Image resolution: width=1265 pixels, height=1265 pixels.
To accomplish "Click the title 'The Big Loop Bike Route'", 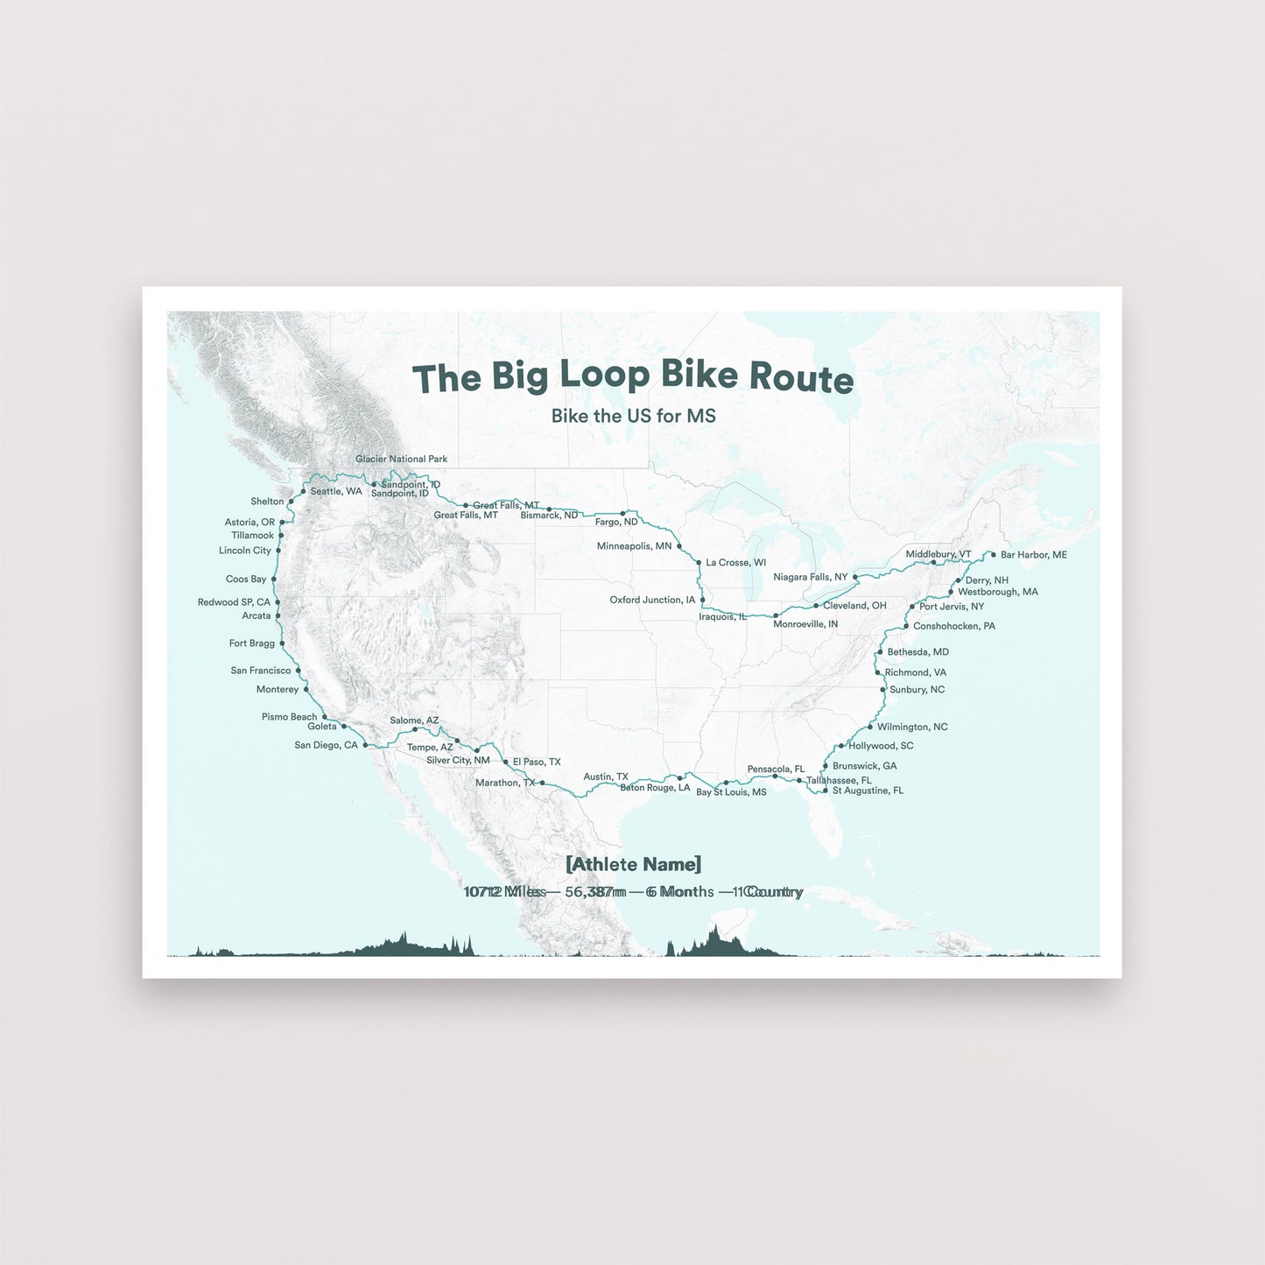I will (632, 376).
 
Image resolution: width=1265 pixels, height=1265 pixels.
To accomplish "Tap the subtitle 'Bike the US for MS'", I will (633, 416).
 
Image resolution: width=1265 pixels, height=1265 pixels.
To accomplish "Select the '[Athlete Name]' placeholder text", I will (633, 864).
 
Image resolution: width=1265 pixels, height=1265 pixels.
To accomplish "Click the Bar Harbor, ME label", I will (1033, 555).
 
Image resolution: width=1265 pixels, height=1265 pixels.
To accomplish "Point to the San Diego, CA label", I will (326, 746).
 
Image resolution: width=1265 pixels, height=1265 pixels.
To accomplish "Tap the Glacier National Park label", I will (401, 459).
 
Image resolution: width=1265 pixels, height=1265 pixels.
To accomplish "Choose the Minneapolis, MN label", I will (634, 546).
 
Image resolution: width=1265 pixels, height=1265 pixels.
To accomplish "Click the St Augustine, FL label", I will (867, 791).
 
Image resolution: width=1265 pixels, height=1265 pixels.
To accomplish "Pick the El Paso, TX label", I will (537, 763).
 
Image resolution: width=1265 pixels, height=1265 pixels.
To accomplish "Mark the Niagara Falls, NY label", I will (810, 577).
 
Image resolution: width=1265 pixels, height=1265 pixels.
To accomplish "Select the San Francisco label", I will (260, 671).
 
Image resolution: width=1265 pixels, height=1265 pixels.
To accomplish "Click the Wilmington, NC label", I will (912, 727).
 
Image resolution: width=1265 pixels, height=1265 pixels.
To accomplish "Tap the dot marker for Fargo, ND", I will (622, 513).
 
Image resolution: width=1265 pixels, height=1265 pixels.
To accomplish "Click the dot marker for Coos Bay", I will (274, 580).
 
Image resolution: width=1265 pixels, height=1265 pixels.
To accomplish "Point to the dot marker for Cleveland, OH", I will (816, 606).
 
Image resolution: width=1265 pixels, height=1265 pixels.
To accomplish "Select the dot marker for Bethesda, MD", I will (880, 652).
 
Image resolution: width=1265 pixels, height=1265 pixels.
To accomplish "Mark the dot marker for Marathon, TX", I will (542, 783).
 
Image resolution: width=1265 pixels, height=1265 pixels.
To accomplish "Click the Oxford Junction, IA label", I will (652, 600).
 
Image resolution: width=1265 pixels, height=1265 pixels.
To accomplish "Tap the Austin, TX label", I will (605, 777).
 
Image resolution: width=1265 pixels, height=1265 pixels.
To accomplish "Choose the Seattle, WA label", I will (336, 491).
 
